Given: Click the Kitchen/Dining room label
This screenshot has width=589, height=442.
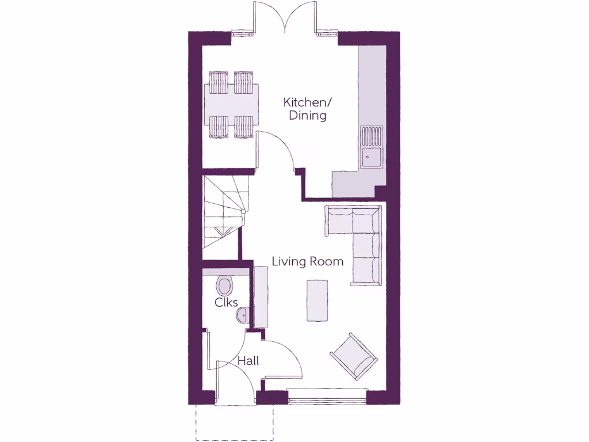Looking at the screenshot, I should coord(308,109).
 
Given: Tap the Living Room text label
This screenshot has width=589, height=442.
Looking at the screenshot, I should coord(307,261).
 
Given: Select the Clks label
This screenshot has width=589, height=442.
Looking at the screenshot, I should coord(226,302).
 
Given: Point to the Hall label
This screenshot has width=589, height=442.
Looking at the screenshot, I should coord(248,361).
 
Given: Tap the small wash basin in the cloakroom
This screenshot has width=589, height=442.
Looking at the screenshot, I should coord(243,315).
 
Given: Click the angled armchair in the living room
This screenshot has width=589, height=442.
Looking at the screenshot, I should coord(353,356).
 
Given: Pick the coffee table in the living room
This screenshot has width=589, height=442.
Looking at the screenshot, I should coord(317,300).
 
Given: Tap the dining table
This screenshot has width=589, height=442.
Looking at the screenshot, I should coord(232,104).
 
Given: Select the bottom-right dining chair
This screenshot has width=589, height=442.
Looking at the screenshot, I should coord(244,126).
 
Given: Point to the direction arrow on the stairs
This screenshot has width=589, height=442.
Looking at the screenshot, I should coord(221,232).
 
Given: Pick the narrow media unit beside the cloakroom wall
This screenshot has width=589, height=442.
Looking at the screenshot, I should coord(261,298).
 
